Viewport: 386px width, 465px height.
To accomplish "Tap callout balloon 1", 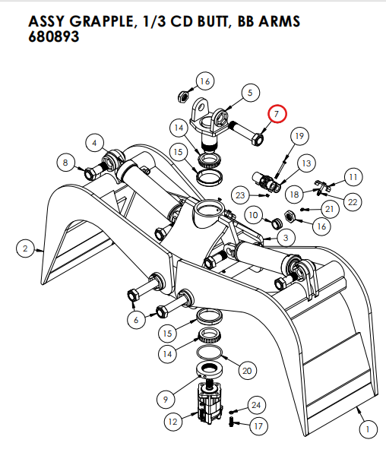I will (367, 430).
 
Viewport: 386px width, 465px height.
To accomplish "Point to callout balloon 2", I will (25, 248).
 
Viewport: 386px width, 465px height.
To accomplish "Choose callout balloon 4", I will (94, 142).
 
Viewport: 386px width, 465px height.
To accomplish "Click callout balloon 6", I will (136, 320).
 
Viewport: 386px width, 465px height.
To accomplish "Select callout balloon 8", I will (66, 162).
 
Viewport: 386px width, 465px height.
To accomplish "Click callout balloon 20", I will (245, 371).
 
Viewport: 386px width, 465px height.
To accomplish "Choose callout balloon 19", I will (299, 136).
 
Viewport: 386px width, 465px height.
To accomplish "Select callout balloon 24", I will (256, 406).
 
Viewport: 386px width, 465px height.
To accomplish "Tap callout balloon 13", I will (306, 163).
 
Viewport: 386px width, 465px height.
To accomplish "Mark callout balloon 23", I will (240, 195).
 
